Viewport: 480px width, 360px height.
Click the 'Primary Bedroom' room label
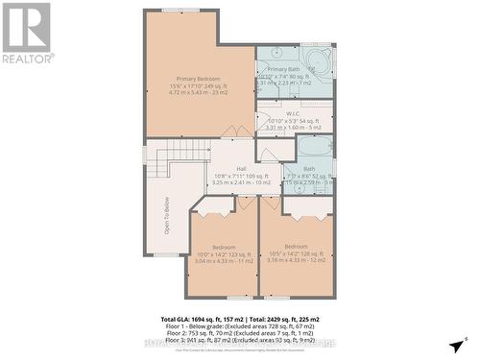click(x=200, y=77)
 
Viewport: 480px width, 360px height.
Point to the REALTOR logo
click(x=26, y=33)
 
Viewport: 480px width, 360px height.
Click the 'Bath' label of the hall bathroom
click(x=308, y=168)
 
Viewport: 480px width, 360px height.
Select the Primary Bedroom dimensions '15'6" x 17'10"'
click(x=200, y=84)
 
